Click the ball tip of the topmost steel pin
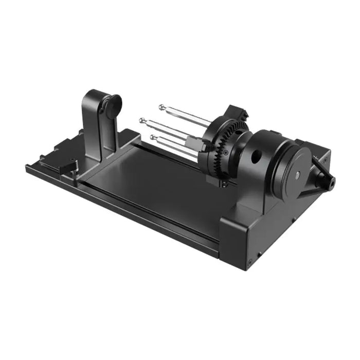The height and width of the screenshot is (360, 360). click(161, 107)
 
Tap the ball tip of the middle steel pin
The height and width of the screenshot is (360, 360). click(142, 120)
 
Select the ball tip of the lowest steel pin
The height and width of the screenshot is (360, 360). click(153, 137)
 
